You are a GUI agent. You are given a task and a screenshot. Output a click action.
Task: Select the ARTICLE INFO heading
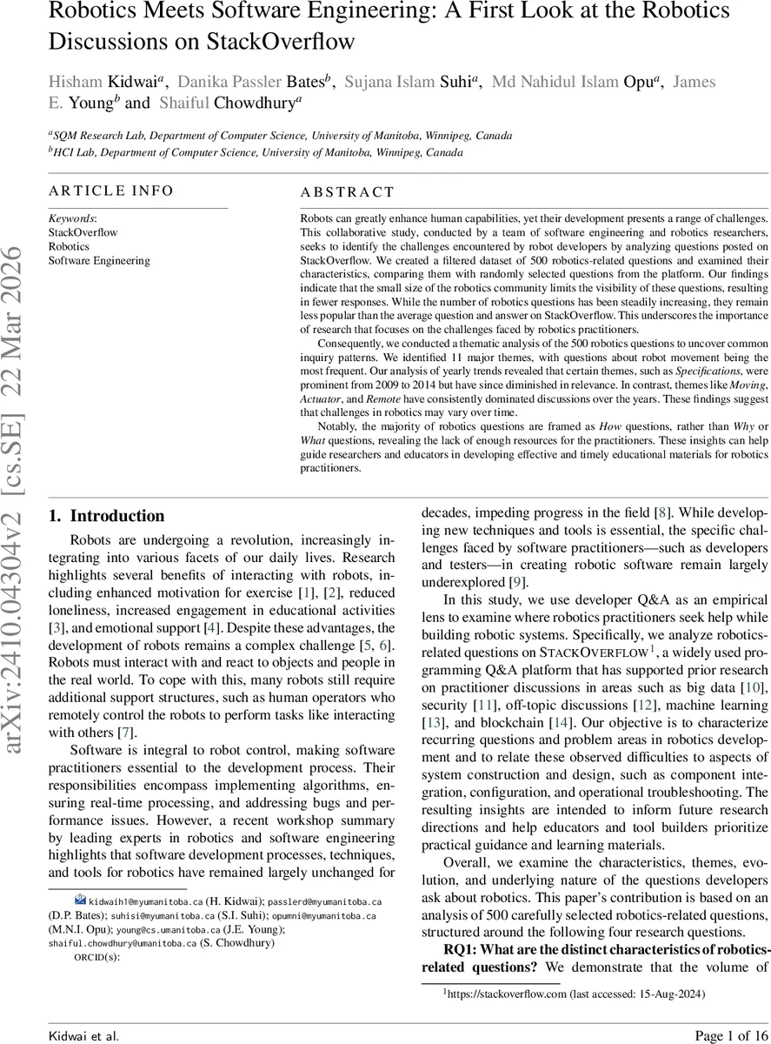[x=111, y=191]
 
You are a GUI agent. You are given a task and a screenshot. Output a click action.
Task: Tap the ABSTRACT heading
[x=347, y=192]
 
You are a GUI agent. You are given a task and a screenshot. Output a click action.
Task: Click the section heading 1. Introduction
[x=106, y=516]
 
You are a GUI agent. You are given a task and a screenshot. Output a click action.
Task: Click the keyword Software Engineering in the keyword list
[x=93, y=260]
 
